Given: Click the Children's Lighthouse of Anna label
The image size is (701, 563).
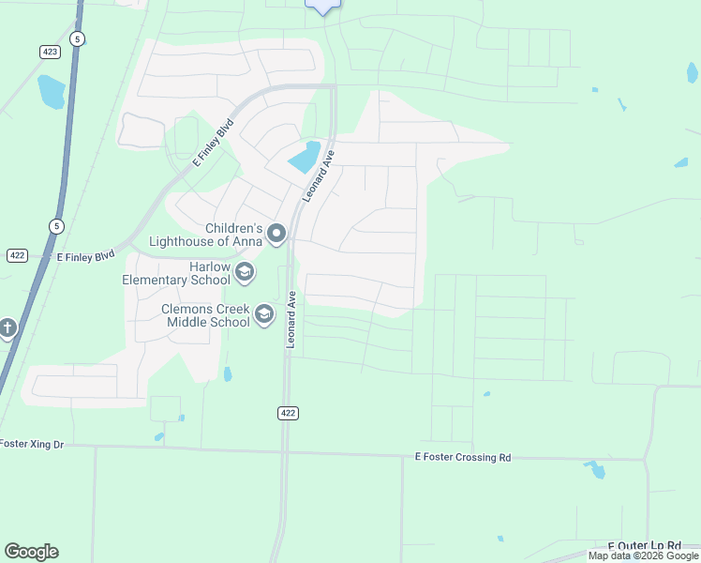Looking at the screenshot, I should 233,235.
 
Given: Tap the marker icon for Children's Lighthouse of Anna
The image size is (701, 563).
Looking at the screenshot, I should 276,232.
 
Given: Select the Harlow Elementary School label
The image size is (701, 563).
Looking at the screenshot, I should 176,273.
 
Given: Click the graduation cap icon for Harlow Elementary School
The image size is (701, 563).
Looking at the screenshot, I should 245,273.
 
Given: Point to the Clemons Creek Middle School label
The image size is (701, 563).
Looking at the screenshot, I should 205,315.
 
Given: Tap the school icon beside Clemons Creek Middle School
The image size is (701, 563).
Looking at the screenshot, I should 264,314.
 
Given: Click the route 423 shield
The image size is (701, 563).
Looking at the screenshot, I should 51,52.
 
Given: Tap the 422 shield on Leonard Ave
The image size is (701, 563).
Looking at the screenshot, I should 288,413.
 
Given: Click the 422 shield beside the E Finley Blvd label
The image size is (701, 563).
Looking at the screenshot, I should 17,255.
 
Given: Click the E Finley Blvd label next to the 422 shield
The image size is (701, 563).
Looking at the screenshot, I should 85,255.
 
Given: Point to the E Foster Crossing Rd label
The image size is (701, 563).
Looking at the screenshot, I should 463,458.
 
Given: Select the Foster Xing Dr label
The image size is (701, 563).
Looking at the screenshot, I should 32,444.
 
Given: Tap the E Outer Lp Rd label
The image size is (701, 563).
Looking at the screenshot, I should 644,545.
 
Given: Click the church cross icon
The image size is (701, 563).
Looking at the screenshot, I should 7,328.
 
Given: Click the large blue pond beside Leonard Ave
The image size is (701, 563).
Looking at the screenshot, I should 304,157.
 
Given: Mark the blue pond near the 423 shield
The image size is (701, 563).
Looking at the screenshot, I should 51,91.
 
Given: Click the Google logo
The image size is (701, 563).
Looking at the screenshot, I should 31,552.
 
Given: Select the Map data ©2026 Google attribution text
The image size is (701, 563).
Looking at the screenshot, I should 644,555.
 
